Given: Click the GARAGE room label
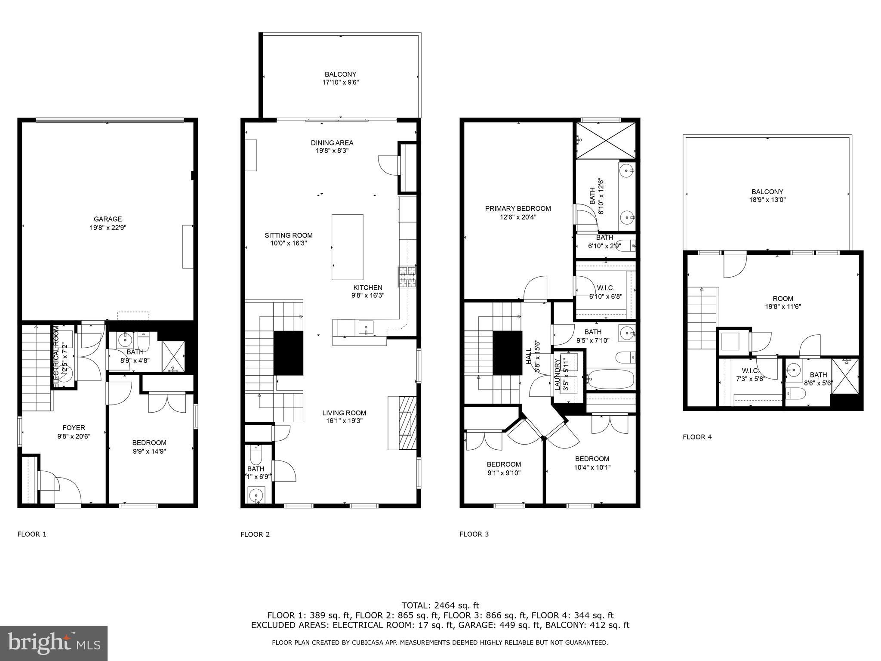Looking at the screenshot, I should [108, 219].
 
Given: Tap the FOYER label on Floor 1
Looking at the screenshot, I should [74, 428].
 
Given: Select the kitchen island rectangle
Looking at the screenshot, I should [347, 247].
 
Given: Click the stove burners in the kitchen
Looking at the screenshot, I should [407, 277].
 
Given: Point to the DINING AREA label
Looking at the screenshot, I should [332, 143].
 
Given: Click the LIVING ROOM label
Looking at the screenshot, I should [344, 413].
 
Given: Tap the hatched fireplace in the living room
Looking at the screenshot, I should [407, 423].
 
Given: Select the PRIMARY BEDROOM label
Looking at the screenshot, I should [518, 209].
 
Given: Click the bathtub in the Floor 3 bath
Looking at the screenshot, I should [611, 379].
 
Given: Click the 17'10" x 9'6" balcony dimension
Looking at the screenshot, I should [340, 82].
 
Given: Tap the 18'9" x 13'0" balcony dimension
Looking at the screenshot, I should [767, 200].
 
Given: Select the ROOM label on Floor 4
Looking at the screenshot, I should [782, 299].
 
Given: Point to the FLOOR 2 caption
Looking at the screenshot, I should [255, 534].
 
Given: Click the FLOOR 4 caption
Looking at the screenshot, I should [697, 437].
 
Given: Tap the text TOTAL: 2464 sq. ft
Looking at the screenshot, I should [440, 605].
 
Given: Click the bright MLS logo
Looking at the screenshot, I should [54, 643].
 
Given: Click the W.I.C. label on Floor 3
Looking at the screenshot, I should [605, 288].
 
